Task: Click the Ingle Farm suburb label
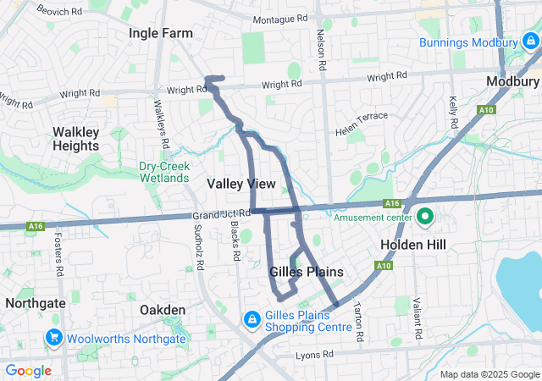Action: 160,32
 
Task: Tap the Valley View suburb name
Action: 241,183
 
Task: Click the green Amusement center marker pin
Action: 424,217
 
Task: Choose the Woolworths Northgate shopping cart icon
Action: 55,338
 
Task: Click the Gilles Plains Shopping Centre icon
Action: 252,319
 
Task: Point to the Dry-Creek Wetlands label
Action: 164,172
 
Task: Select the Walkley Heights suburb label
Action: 76,139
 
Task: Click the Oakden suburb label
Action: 162,310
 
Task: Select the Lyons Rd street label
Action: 315,356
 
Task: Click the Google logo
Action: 29,371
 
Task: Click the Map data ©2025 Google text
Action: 489,374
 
